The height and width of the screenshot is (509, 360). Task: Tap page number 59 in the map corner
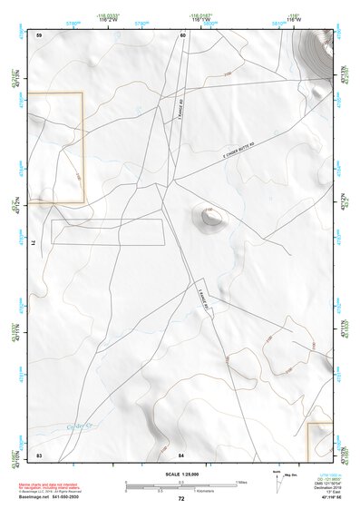[x=39, y=34]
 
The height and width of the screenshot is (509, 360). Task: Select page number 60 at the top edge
[x=182, y=34]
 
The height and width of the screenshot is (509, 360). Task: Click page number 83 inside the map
[x=39, y=453]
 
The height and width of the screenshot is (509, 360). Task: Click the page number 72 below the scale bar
[x=181, y=500]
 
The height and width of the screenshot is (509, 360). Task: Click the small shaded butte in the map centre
[x=210, y=216]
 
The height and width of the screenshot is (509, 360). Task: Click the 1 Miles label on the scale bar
[x=242, y=481]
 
